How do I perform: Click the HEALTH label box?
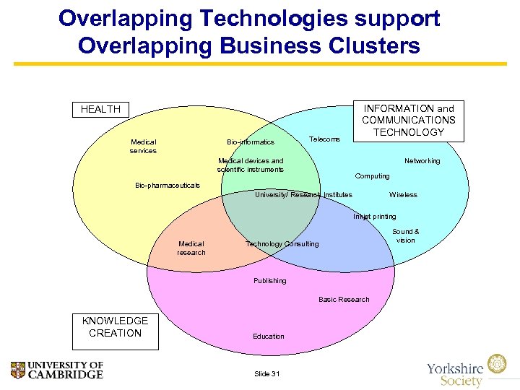[100, 110]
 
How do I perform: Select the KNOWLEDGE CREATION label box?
[115, 327]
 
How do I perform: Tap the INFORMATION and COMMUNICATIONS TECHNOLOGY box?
[408, 120]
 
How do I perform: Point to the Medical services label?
[143, 146]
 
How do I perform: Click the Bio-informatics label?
[250, 142]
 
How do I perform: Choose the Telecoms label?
[324, 139]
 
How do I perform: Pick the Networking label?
[422, 161]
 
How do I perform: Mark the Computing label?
[372, 176]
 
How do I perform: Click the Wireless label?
[403, 195]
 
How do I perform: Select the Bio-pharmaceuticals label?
[168, 186]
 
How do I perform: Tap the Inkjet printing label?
[374, 217]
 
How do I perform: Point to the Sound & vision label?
[405, 236]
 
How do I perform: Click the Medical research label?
[191, 248]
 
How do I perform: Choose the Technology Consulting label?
[282, 244]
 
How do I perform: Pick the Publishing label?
[269, 281]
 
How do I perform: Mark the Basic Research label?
[344, 300]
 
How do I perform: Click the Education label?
[269, 337]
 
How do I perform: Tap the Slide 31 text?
[267, 373]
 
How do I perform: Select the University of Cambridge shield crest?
[18, 370]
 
